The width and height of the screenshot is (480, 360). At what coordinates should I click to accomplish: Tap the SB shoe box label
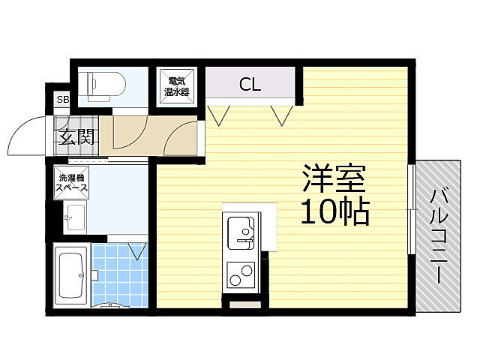point(61,100)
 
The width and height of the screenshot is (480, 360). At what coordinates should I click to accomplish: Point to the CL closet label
point(250,85)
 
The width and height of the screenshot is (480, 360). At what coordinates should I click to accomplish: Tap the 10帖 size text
point(335,213)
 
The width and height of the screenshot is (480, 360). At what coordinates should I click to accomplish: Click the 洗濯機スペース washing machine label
point(71,184)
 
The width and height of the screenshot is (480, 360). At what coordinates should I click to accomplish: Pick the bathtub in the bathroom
point(71,276)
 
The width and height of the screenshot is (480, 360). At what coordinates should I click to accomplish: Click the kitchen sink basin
point(241,230)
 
